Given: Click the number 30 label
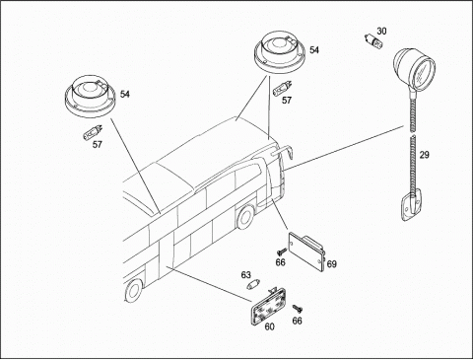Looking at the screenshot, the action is pyautogui.click(x=381, y=32).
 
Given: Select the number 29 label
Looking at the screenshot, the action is pyautogui.click(x=425, y=155).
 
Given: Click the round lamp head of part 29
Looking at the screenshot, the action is pyautogui.click(x=415, y=69).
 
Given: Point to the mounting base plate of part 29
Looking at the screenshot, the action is pyautogui.click(x=412, y=206).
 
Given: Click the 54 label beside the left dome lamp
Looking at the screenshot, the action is pyautogui.click(x=125, y=95).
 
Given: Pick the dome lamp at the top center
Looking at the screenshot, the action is pyautogui.click(x=280, y=53).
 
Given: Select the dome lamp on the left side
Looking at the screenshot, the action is pyautogui.click(x=90, y=97).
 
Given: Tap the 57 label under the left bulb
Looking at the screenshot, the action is pyautogui.click(x=97, y=144).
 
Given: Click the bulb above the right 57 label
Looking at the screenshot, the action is pyautogui.click(x=281, y=89).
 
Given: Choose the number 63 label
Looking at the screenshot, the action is pyautogui.click(x=245, y=275).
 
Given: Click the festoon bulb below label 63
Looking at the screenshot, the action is pyautogui.click(x=253, y=284).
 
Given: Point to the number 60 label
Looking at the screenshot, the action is pyautogui.click(x=269, y=326).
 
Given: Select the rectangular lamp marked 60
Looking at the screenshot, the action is pyautogui.click(x=269, y=306).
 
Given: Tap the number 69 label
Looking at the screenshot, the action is pyautogui.click(x=332, y=264).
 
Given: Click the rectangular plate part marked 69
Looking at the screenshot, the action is pyautogui.click(x=306, y=252).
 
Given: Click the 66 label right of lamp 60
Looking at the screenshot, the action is pyautogui.click(x=297, y=321).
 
